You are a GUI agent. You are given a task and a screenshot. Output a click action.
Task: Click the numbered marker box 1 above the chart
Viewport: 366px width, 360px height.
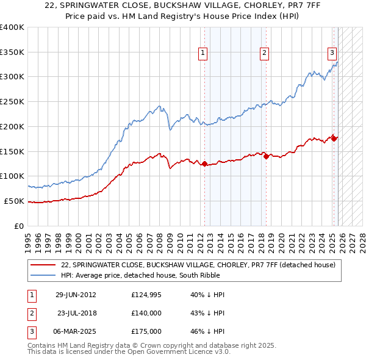click(203, 53)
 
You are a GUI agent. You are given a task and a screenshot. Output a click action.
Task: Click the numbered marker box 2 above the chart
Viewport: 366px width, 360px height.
click(264, 53)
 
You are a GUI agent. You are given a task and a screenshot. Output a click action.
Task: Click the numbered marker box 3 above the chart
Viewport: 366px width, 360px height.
click(332, 53)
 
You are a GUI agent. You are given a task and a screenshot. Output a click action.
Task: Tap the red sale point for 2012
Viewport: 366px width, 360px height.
click(205, 164)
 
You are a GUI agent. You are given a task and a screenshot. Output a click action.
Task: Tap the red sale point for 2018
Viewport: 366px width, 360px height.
click(267, 156)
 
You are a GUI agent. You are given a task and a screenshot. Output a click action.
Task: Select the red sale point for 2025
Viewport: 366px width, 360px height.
click(334, 139)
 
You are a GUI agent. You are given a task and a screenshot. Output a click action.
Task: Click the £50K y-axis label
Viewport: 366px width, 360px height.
click(13, 201)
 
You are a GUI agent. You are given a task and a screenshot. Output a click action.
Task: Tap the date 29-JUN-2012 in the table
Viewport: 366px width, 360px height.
click(76, 295)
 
